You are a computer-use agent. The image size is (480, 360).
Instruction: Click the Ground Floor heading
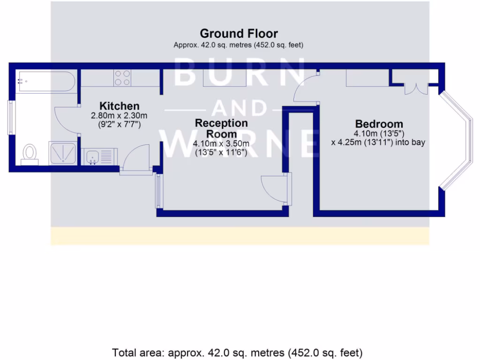coord(239,34)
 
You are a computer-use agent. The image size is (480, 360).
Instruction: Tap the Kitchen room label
coord(120,106)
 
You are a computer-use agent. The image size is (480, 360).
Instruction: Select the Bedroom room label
coord(379,124)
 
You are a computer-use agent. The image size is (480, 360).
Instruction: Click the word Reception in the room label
coord(221,123)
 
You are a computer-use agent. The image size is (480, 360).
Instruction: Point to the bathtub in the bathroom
coord(46,82)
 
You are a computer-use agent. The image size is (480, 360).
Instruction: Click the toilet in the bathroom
coord(30,153)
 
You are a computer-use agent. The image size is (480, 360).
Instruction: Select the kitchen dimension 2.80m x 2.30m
coord(120,116)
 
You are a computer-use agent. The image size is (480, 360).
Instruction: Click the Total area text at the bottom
coord(237,352)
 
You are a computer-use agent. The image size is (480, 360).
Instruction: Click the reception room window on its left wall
coord(158,191)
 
